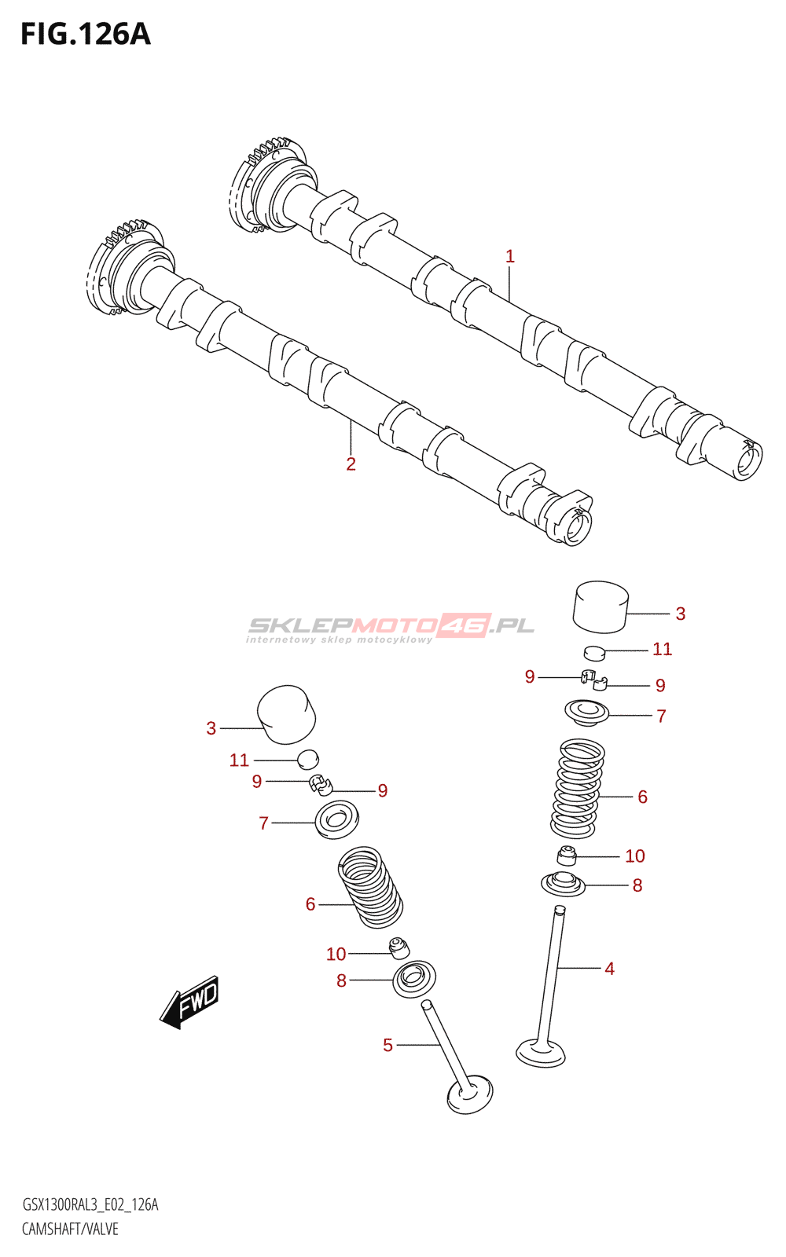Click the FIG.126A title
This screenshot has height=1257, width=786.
(x=86, y=35)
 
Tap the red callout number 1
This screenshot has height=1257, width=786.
(x=510, y=256)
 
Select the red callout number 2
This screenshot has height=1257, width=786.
(x=351, y=464)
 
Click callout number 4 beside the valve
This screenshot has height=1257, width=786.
(x=610, y=969)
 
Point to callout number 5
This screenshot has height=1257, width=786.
(x=388, y=1045)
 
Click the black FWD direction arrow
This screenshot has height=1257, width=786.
(x=189, y=1002)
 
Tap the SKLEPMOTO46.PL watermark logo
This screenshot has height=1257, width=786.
(x=391, y=628)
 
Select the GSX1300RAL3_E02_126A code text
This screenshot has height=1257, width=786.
(x=90, y=1204)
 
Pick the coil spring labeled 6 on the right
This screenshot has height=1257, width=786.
(x=577, y=789)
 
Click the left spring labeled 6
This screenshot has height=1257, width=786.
(x=370, y=887)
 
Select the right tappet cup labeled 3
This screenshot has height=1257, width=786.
(x=601, y=607)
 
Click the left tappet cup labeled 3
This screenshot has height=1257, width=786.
(x=286, y=714)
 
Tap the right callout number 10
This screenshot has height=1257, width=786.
(x=635, y=856)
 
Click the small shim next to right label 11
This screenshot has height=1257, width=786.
(x=595, y=653)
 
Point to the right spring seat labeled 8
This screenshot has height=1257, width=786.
(x=563, y=884)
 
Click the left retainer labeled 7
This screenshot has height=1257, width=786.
(x=337, y=820)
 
